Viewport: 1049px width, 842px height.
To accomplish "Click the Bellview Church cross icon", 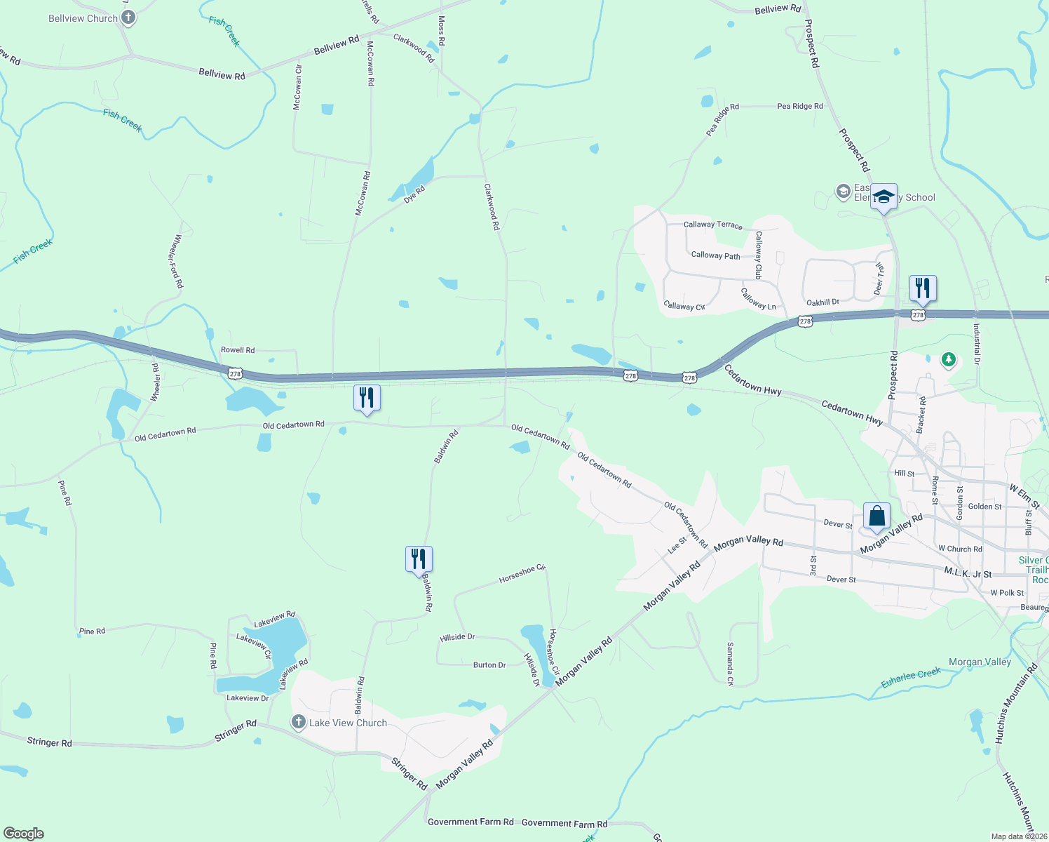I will [128, 18].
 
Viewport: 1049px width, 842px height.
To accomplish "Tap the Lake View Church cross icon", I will [298, 722].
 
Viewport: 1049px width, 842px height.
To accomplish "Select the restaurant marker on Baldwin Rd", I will [419, 559].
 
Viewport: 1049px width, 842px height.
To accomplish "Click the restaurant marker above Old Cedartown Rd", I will [367, 398].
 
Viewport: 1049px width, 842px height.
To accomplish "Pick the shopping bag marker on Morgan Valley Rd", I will [877, 516].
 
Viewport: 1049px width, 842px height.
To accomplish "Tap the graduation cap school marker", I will [884, 196].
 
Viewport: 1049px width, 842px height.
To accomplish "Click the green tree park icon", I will [949, 360].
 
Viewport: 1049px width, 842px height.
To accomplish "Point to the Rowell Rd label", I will [238, 349].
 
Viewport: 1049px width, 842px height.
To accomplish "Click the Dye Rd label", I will [414, 194].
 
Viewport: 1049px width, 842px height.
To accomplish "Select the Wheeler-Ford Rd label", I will [175, 261].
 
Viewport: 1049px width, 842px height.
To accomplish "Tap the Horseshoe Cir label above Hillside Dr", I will [522, 573].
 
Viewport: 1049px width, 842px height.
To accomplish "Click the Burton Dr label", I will [489, 664].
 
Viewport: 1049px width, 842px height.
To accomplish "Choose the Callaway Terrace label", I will [712, 225].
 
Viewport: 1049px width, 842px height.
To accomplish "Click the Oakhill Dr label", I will [823, 302].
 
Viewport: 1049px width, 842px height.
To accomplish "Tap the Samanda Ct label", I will [730, 663].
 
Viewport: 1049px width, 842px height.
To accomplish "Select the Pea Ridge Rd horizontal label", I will [799, 106].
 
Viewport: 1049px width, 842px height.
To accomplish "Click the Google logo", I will [23, 833].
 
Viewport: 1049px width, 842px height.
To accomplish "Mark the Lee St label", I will [677, 544].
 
